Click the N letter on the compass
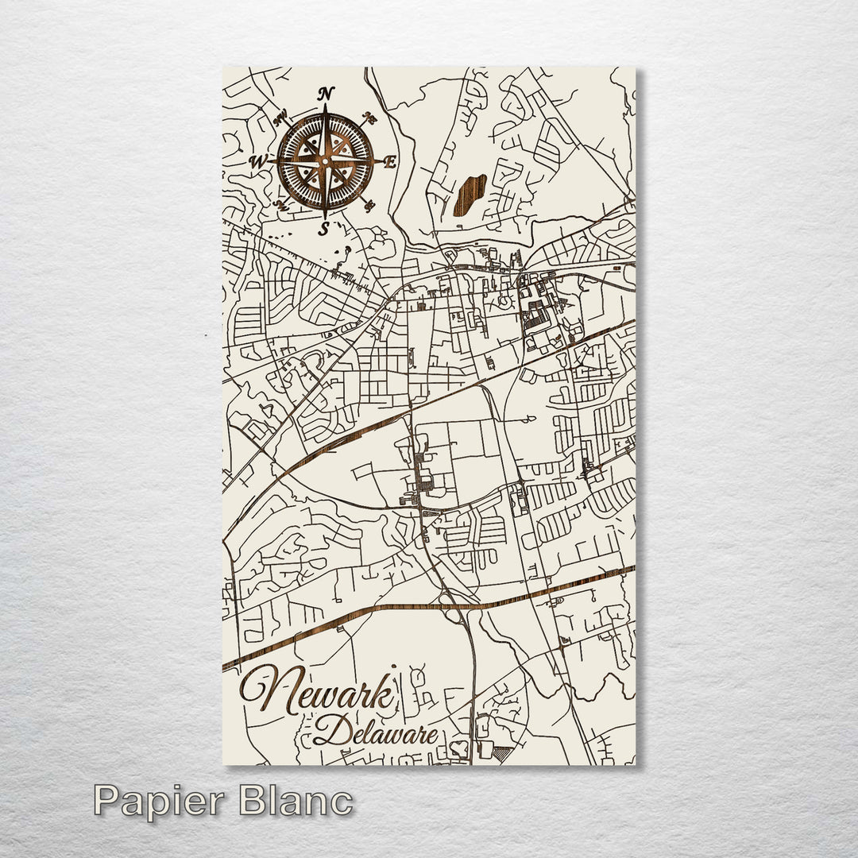click(x=326, y=94)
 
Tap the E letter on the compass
click(x=389, y=162)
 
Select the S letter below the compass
click(x=323, y=230)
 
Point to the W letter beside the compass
click(x=257, y=161)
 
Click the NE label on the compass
click(x=369, y=118)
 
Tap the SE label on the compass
click(x=369, y=206)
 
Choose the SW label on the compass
click(x=280, y=205)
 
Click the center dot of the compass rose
click(x=324, y=161)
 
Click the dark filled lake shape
click(x=469, y=195)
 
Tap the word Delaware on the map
click(x=375, y=731)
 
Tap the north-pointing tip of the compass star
click(x=324, y=106)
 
